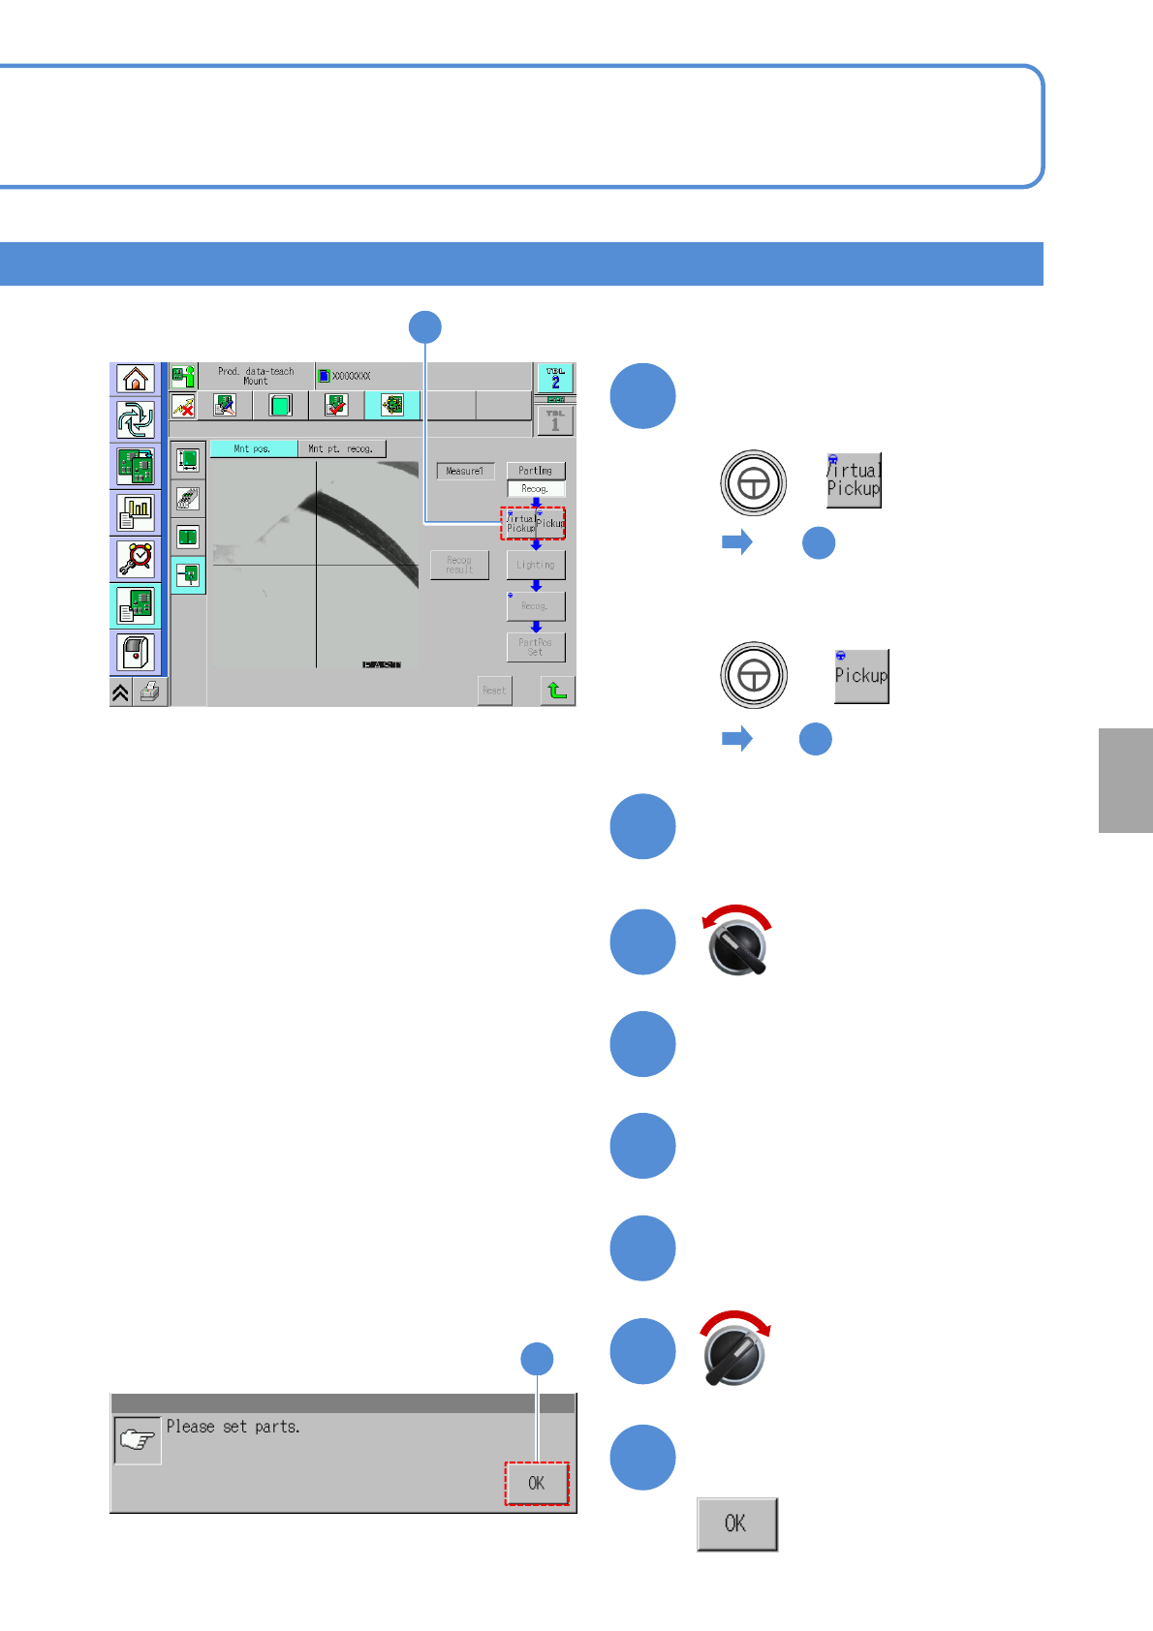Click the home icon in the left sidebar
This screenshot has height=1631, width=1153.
[x=136, y=379]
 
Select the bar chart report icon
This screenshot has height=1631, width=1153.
[x=136, y=512]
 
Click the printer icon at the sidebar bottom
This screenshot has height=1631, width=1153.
[x=149, y=692]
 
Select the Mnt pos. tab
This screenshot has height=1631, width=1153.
[x=253, y=449]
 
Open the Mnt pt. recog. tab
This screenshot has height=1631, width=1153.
[x=341, y=449]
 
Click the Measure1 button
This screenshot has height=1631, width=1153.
[x=465, y=472]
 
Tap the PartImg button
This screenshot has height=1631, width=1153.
[x=536, y=471]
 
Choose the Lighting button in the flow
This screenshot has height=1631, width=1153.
[x=536, y=565]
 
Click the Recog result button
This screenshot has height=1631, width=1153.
[x=459, y=565]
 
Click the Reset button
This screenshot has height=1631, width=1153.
[x=494, y=691]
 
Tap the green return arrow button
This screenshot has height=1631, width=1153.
[x=557, y=691]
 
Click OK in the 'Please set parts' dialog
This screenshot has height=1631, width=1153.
[x=536, y=1483]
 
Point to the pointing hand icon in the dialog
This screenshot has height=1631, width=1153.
[x=138, y=1440]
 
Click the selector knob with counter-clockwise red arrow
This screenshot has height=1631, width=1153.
[x=737, y=945]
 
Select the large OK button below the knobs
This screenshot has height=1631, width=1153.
[x=736, y=1524]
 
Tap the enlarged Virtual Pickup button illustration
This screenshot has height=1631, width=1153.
[x=853, y=480]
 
